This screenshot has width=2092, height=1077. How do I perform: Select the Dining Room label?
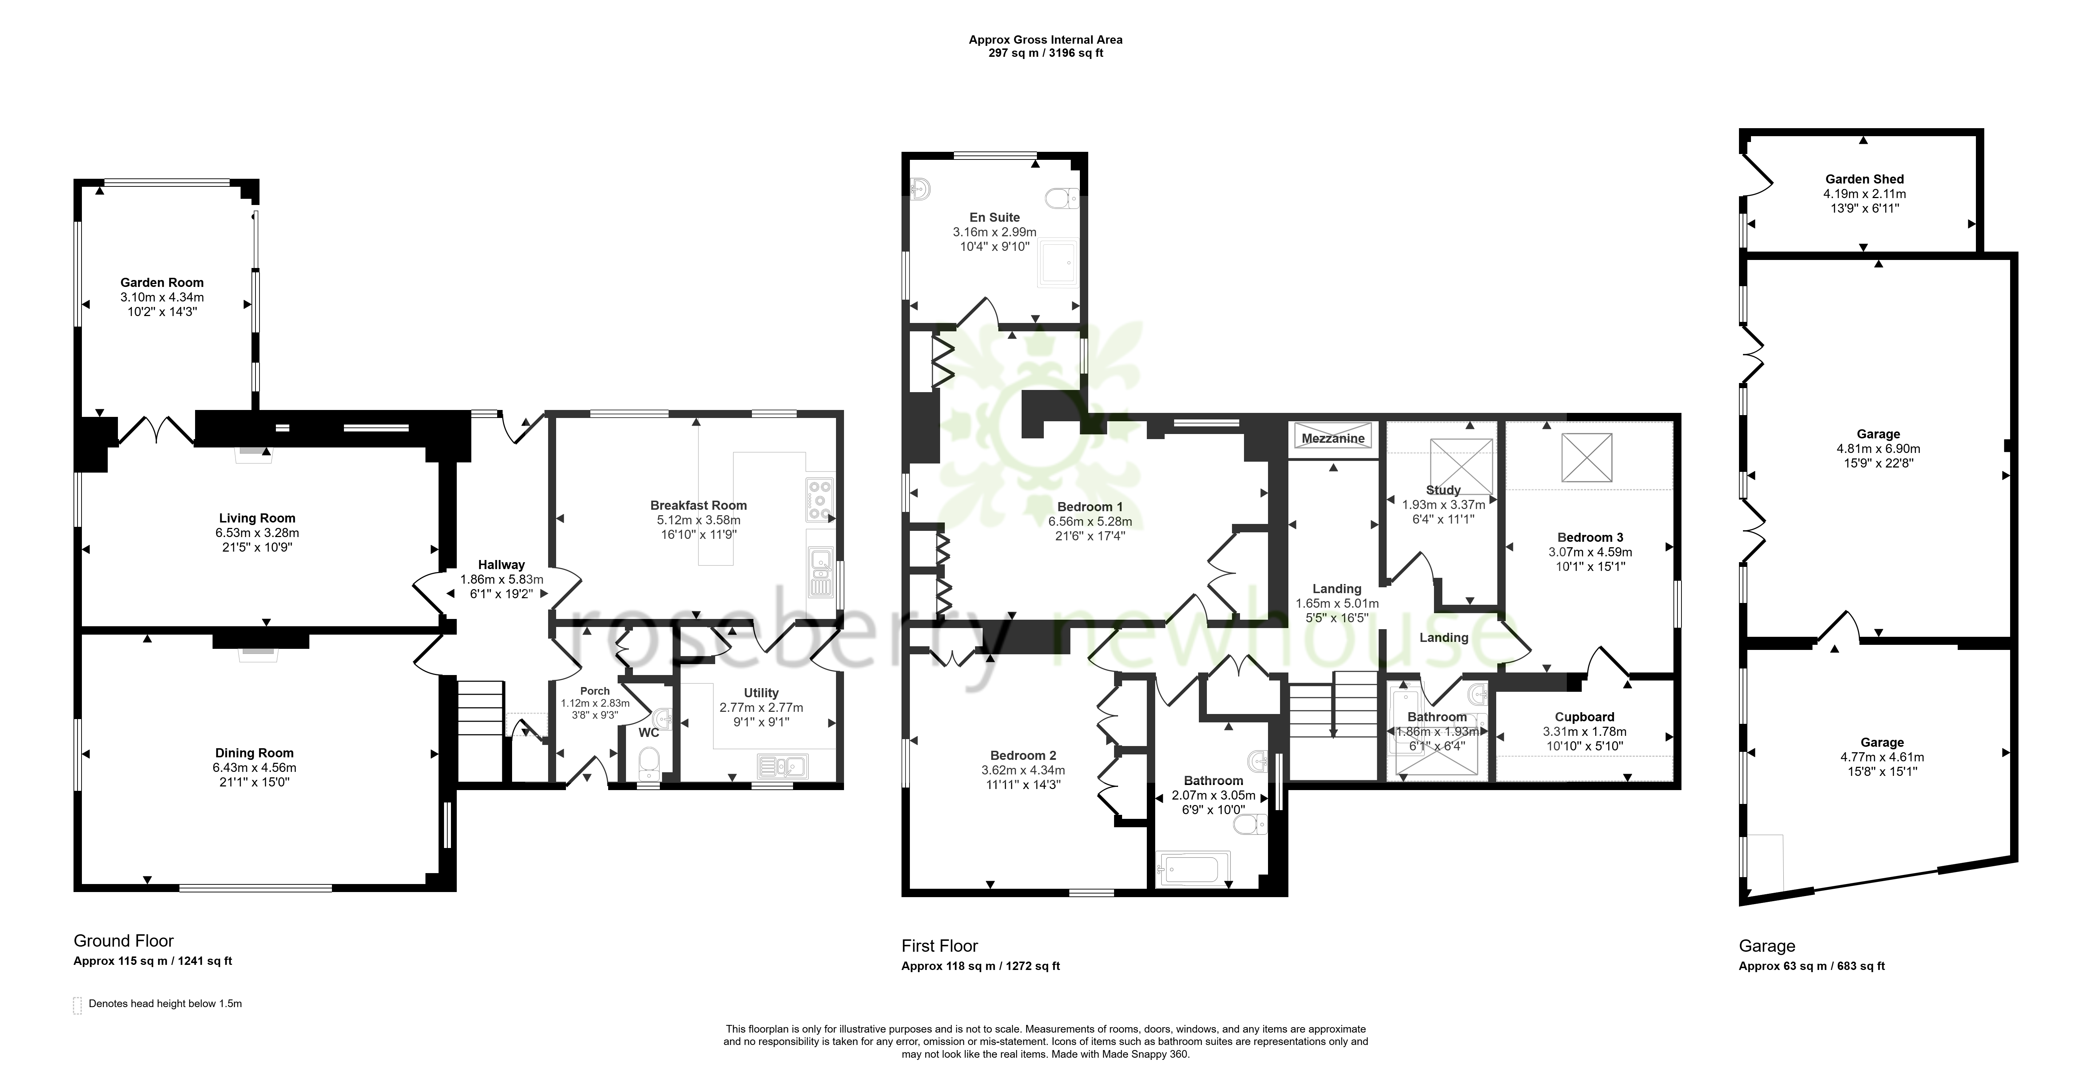(x=254, y=753)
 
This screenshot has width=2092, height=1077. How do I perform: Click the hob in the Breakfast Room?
(x=819, y=500)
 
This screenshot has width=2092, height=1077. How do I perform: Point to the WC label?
(x=649, y=733)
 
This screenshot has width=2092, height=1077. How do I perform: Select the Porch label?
(x=595, y=691)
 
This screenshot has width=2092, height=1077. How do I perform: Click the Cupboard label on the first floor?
(x=1584, y=717)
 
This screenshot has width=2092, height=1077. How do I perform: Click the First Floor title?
(x=940, y=946)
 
